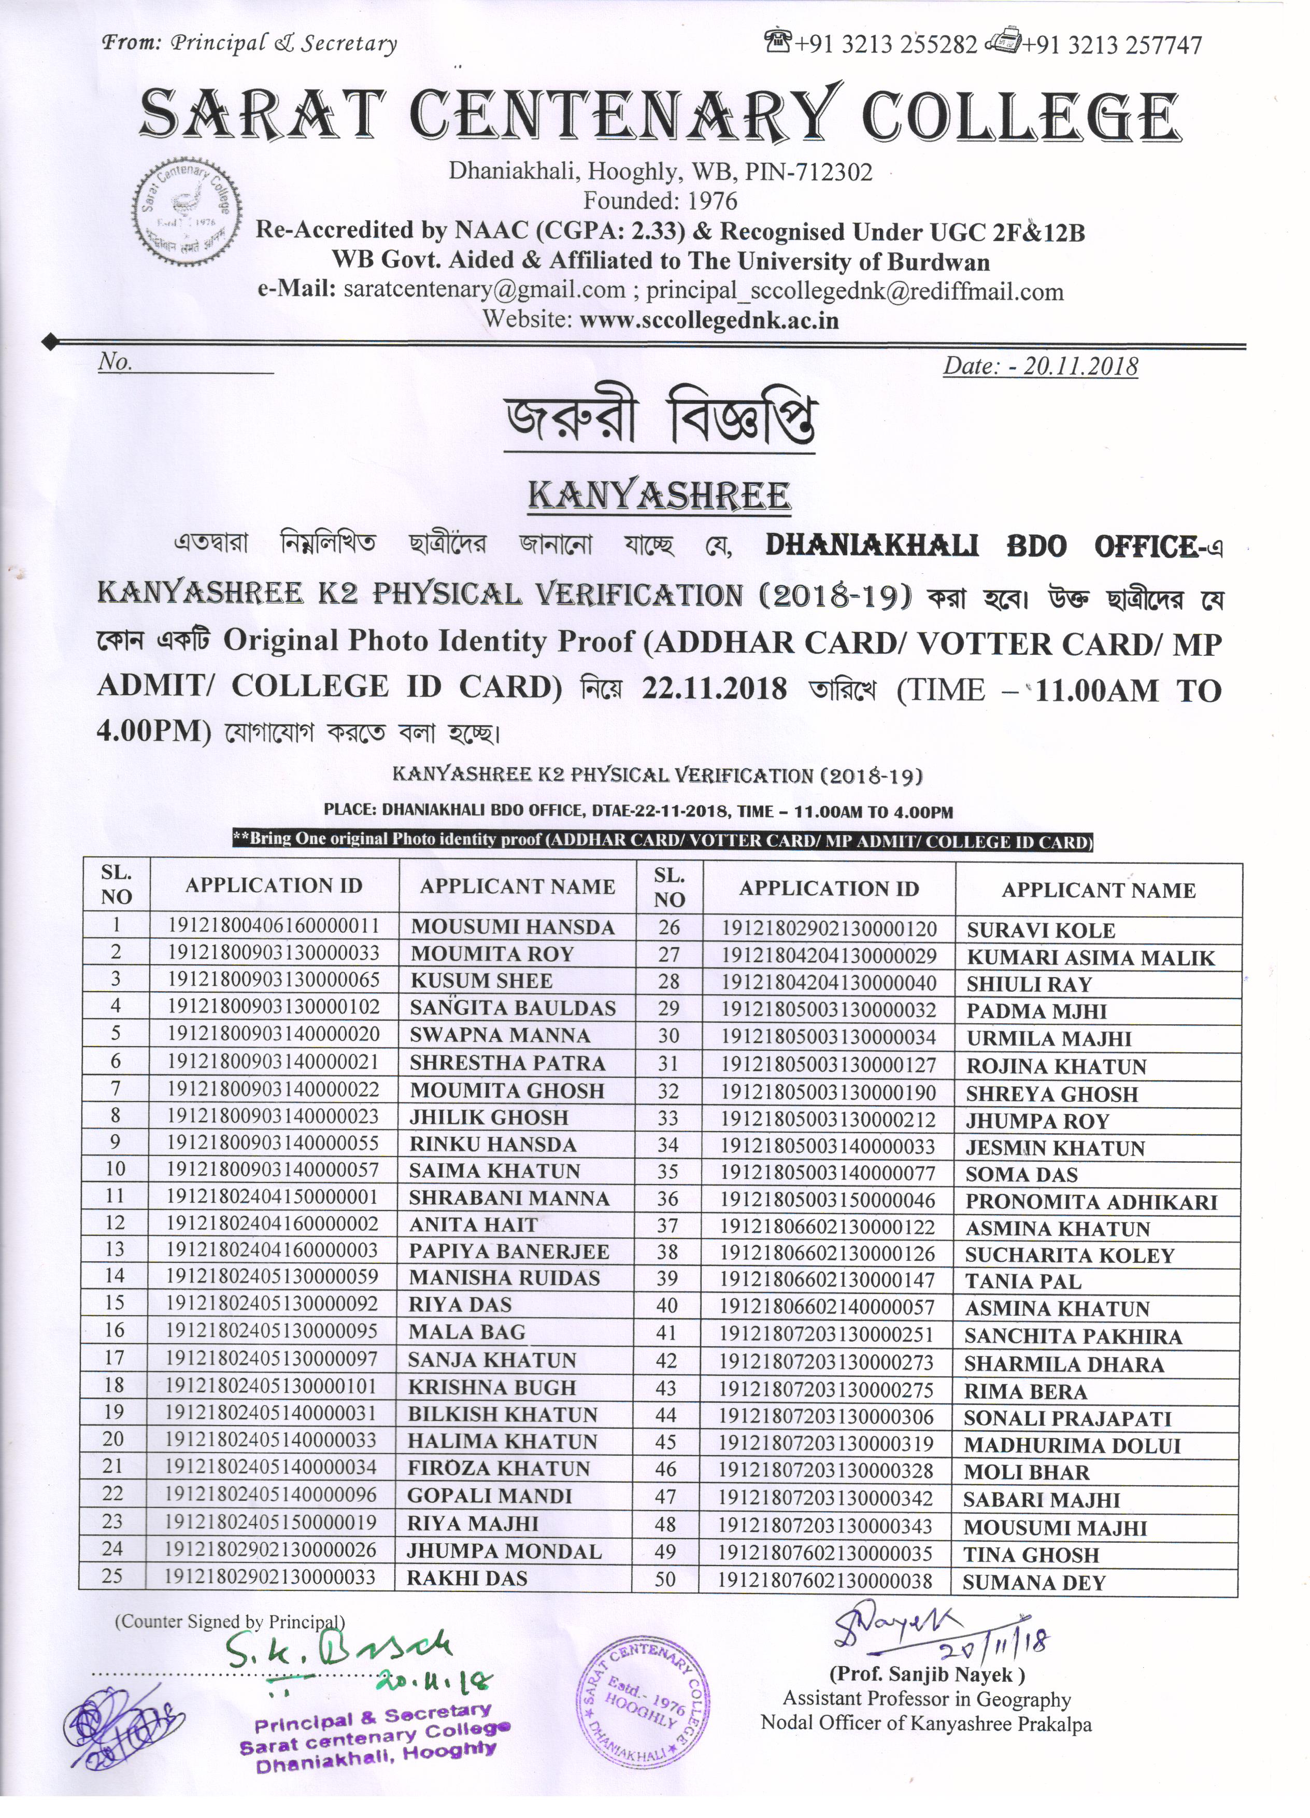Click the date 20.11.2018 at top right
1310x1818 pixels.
point(1040,367)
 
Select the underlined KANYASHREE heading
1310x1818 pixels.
point(659,496)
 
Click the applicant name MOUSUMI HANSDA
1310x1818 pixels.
point(513,927)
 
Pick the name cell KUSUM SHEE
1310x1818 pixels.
point(481,980)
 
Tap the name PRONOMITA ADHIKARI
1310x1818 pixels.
point(1091,1202)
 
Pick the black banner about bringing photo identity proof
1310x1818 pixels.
point(662,841)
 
